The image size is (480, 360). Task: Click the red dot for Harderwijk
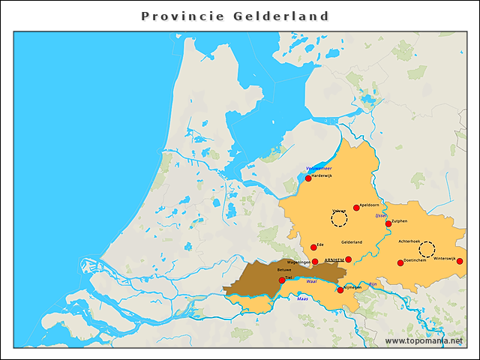click(x=307, y=178)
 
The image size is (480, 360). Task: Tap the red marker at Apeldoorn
click(x=356, y=208)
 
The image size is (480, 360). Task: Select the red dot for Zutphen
click(x=388, y=223)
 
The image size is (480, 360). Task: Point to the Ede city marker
click(x=313, y=247)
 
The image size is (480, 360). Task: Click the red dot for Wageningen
click(x=315, y=262)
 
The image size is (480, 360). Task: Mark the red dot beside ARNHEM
click(x=348, y=259)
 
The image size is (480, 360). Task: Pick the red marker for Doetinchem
click(x=400, y=262)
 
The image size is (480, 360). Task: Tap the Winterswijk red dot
click(x=460, y=261)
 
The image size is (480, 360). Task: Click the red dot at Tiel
click(x=282, y=280)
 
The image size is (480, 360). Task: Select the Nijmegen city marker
click(x=340, y=290)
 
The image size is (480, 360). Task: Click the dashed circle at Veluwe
click(x=340, y=219)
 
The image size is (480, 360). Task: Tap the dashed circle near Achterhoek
click(x=427, y=249)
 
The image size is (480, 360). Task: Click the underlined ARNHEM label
click(x=334, y=259)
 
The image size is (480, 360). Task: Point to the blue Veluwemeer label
click(x=319, y=169)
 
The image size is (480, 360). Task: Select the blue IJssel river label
click(x=381, y=215)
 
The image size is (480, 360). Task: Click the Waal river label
click(x=312, y=281)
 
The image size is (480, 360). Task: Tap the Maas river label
click(x=302, y=298)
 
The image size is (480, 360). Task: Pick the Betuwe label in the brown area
click(x=284, y=269)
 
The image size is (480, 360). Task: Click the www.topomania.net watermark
click(x=424, y=340)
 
